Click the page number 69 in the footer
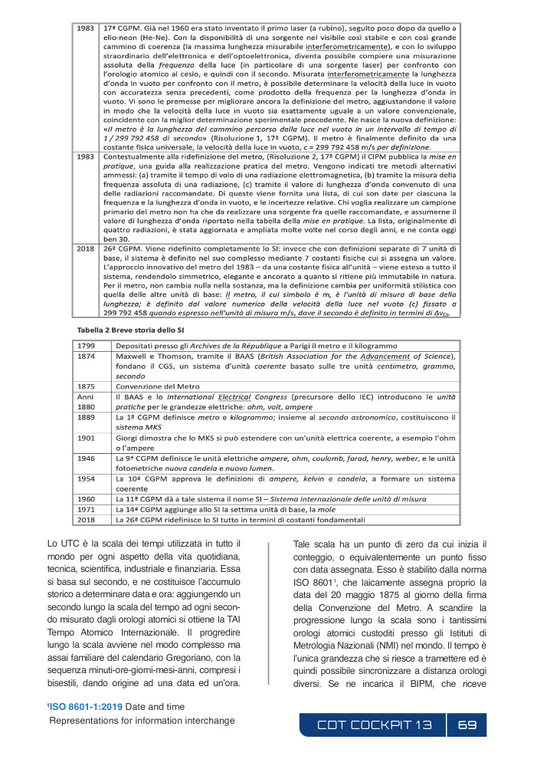[467, 724]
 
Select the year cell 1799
[87, 347]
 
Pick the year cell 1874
[87, 357]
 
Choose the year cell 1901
[87, 437]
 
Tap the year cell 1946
[87, 458]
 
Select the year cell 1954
[87, 478]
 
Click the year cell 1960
[87, 498]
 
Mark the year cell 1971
[87, 509]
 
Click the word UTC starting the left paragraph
[56, 545]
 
